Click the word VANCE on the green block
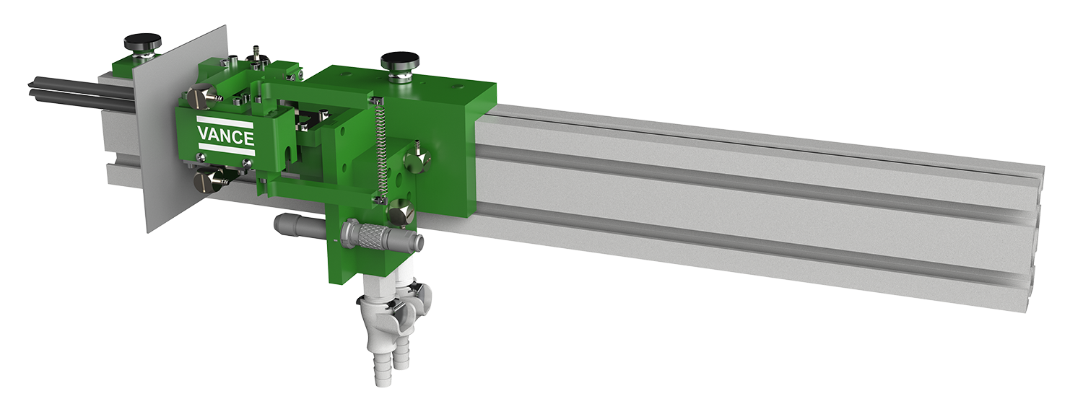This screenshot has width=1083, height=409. click(x=225, y=137)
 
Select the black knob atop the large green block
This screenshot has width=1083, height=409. click(x=400, y=61)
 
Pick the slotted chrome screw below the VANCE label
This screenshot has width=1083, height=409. click(x=207, y=182)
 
